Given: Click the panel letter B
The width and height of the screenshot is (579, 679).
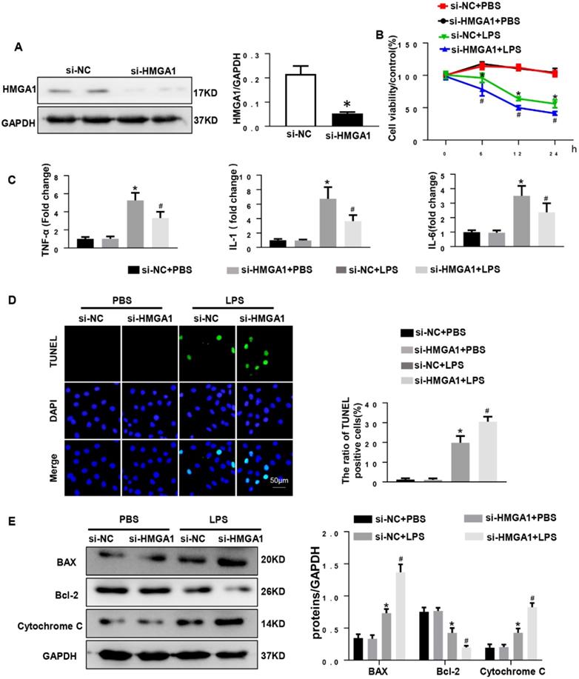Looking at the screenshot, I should pyautogui.click(x=378, y=35).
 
